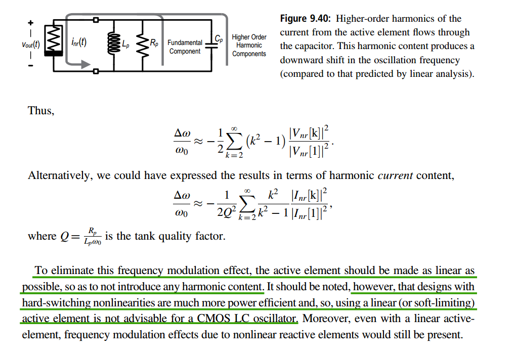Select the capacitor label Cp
point(219,39)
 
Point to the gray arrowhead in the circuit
point(85,64)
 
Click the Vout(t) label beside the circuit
point(31,44)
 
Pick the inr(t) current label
point(79,42)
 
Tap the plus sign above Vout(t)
point(31,23)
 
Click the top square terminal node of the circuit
point(96,20)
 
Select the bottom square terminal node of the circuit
point(96,71)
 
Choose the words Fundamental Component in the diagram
point(185,47)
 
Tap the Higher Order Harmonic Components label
point(249,45)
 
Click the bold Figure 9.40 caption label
point(306,19)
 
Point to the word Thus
point(41,111)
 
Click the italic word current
point(395,175)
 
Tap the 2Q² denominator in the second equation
point(227,212)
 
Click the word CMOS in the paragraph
point(213,319)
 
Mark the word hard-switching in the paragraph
point(56,303)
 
